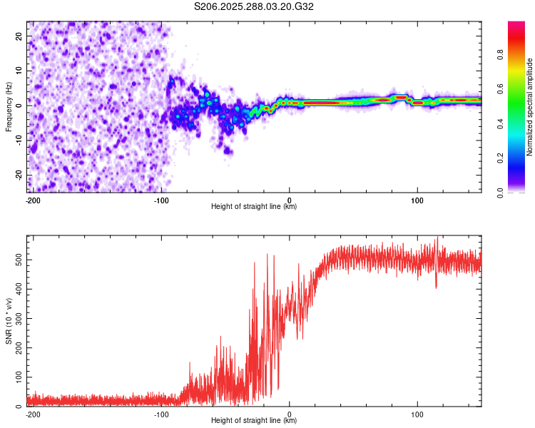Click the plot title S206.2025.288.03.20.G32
click(253, 6)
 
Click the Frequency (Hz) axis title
click(9, 107)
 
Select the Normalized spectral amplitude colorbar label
click(529, 107)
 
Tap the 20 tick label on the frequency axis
click(19, 36)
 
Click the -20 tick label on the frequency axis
click(19, 175)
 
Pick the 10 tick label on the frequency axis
click(19, 71)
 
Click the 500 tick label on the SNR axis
click(19, 260)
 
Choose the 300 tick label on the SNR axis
click(19, 319)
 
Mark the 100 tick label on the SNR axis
click(19, 377)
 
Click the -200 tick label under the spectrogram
click(33, 200)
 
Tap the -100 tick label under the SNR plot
click(161, 414)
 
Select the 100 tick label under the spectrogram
click(417, 200)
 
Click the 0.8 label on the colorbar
click(500, 55)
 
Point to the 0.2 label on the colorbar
click(500, 158)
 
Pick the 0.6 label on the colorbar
click(500, 89)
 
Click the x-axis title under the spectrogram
click(254, 206)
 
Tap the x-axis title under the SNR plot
click(254, 420)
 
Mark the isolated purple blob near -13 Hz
click(228, 151)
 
